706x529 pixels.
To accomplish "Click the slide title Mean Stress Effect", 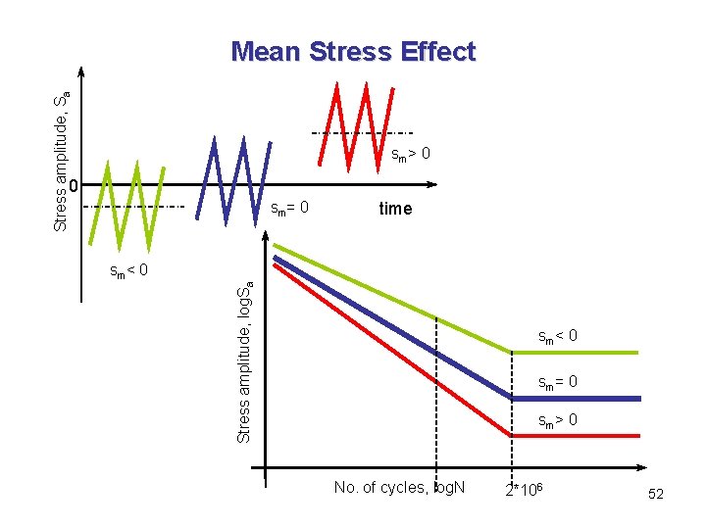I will (353, 51).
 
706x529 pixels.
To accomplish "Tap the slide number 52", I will (656, 495).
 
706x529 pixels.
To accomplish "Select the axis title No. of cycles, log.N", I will (399, 488).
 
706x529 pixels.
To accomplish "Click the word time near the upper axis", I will (395, 209).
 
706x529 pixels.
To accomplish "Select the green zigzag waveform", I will (126, 207).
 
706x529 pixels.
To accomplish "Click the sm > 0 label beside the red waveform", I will (411, 155).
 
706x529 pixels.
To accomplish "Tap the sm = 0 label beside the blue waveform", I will (289, 208).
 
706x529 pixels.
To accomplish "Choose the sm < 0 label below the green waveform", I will (127, 270).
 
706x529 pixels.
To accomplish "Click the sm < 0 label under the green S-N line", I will (557, 337).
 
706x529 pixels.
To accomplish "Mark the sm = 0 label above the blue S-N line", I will (557, 382).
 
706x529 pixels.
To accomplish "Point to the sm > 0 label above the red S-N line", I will (557, 421).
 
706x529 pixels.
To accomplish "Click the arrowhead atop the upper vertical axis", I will (81, 72).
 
